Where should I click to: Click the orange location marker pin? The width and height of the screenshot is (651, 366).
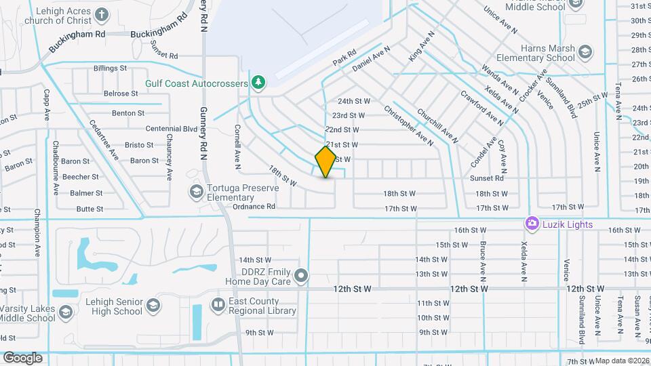(325, 163)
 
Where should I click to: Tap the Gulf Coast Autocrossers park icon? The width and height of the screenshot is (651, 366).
(258, 83)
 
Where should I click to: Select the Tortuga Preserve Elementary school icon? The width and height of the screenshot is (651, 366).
(196, 191)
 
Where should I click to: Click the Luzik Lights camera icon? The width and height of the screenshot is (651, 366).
(532, 224)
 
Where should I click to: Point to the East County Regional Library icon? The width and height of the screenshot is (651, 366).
(217, 306)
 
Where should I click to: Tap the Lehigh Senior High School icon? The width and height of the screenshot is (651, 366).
(153, 306)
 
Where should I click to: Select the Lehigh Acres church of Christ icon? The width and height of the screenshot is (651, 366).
(101, 15)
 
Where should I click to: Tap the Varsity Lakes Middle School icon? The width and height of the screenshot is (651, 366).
(65, 312)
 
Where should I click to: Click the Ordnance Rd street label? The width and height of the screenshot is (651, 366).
(254, 207)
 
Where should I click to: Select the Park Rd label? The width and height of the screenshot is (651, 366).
(344, 57)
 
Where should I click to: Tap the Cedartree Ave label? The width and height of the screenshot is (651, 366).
(104, 140)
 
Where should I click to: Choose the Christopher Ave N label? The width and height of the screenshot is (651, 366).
(408, 126)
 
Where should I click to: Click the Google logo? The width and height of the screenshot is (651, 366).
(22, 357)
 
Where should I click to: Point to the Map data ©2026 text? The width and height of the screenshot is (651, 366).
(623, 361)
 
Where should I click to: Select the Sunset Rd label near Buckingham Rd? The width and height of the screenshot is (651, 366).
(163, 49)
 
